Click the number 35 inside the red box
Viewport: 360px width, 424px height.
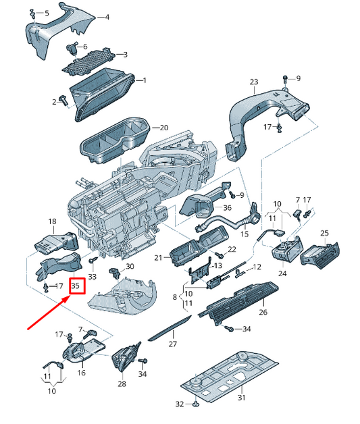(76, 286)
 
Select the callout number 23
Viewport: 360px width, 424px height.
(253, 82)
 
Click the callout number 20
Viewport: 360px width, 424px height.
(163, 127)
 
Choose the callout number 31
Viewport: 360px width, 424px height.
(242, 398)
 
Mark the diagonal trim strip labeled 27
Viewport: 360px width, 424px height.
(169, 329)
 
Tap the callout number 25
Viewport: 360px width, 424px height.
(324, 233)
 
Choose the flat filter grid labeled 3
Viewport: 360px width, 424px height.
(85, 63)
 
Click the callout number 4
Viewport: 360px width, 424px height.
(106, 16)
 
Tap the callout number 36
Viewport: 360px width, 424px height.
(227, 207)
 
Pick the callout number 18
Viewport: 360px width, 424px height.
(52, 221)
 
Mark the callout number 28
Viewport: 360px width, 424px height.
(122, 383)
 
